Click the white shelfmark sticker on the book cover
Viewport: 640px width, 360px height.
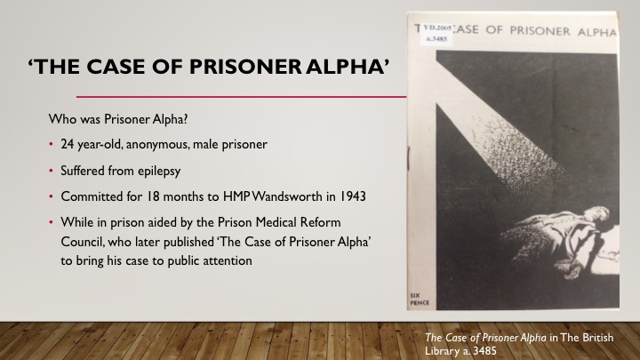(435, 32)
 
